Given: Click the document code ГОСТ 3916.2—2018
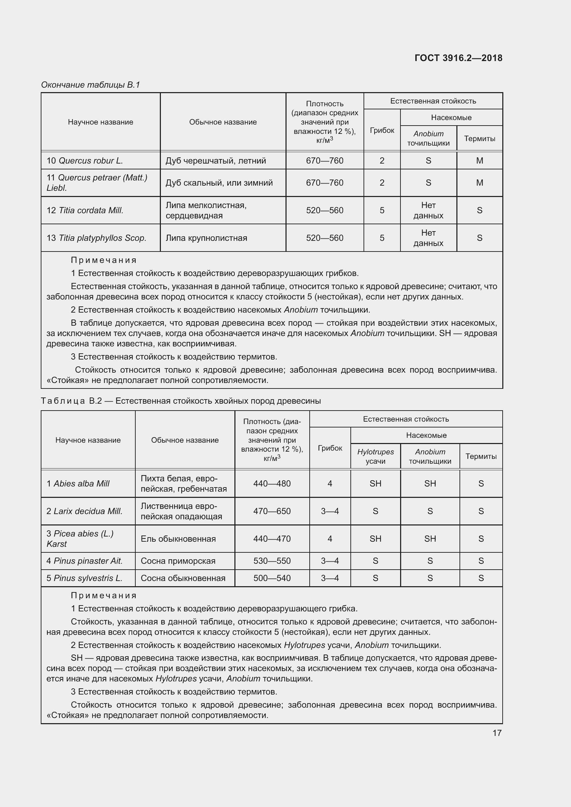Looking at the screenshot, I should (x=458, y=58).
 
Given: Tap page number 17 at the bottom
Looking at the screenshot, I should (x=496, y=733).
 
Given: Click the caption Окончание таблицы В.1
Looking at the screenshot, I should (x=90, y=85).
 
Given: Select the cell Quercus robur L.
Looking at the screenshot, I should (x=85, y=161).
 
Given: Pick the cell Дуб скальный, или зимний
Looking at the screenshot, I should (x=219, y=183).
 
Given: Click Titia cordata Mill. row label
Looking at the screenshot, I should (x=85, y=210).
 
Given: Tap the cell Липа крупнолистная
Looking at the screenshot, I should (x=206, y=238).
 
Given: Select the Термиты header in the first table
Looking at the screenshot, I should (x=479, y=138).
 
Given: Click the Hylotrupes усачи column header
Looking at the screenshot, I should (x=375, y=456).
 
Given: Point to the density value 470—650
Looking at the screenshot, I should (x=272, y=511).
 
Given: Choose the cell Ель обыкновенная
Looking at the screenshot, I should (x=178, y=539).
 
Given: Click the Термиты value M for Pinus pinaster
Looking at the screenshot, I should (x=481, y=561).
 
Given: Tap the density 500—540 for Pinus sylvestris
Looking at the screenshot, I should (x=272, y=578).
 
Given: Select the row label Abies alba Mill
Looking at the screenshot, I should (x=78, y=484).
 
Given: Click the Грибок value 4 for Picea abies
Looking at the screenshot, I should (x=329, y=539).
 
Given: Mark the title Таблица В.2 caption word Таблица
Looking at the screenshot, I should (x=63, y=401).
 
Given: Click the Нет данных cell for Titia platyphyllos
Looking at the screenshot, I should (x=428, y=238).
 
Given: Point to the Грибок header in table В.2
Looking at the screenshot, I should (x=329, y=448).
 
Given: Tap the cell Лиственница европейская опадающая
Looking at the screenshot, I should (x=182, y=511).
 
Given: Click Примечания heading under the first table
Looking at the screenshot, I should (x=104, y=260).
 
